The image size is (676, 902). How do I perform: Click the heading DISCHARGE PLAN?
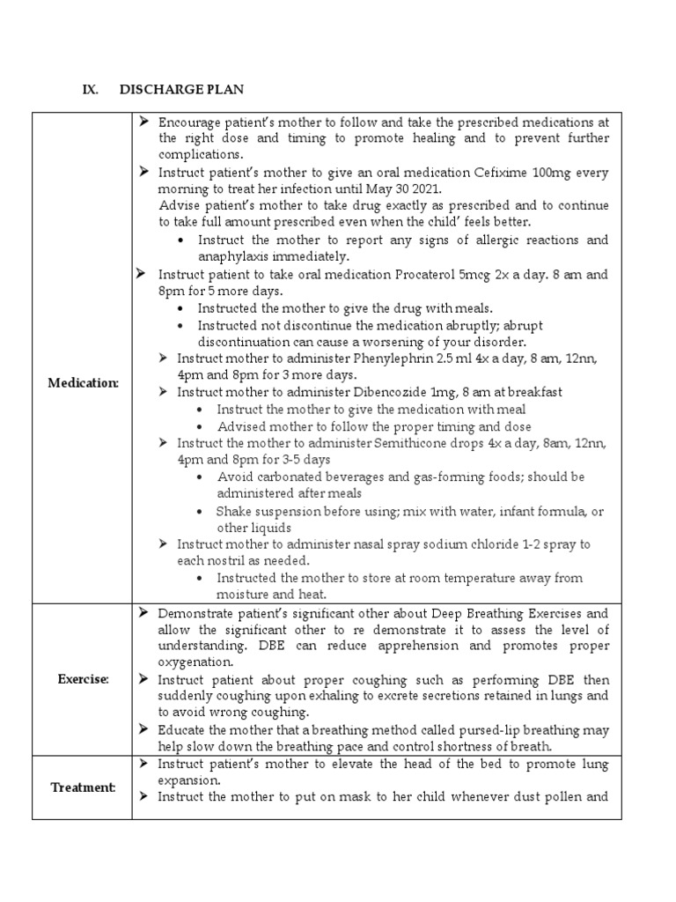182,90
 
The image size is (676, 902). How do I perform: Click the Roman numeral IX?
91,90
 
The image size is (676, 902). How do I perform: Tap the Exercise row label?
83,679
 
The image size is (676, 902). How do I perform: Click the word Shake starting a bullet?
234,512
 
